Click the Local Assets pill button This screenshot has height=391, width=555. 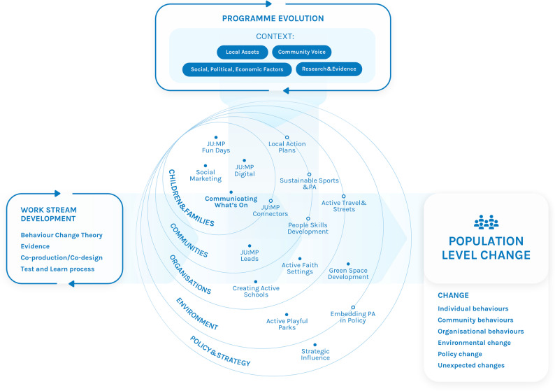click(243, 52)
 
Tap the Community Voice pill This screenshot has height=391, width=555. click(301, 52)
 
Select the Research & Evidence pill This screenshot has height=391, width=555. click(329, 69)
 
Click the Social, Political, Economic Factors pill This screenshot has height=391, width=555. click(237, 69)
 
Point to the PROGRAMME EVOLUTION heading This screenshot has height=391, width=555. click(273, 18)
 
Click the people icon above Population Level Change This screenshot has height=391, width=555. click(486, 222)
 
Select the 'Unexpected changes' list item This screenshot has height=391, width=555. click(471, 366)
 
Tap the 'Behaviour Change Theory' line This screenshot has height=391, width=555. click(62, 235)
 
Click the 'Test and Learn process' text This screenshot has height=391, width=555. click(57, 269)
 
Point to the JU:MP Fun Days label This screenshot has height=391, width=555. click(216, 147)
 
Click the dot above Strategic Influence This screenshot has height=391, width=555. click(315, 345)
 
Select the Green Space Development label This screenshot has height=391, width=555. click(348, 273)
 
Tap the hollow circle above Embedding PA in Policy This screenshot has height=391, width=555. click(353, 308)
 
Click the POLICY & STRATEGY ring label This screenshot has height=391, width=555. click(220, 351)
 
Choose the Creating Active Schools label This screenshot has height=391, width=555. click(256, 292)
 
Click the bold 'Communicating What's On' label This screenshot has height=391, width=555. click(231, 202)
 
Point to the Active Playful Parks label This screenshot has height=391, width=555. click(287, 324)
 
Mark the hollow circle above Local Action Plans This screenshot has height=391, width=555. click(287, 137)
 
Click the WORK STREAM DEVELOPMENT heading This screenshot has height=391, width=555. click(48, 214)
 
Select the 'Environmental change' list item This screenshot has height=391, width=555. click(475, 343)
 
